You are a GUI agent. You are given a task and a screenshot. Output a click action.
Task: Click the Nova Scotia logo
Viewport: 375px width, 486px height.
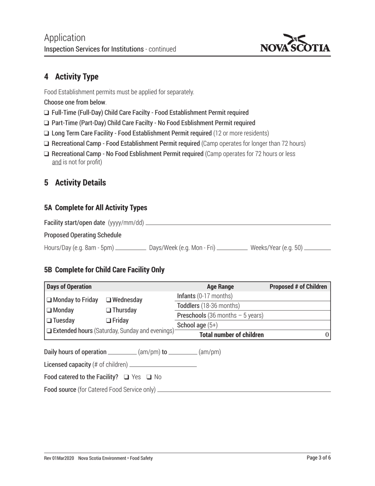[295, 44]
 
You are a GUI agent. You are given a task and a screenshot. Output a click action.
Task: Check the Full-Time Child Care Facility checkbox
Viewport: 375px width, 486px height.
[47, 113]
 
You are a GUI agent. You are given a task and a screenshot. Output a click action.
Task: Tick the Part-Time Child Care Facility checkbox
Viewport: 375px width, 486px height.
[47, 123]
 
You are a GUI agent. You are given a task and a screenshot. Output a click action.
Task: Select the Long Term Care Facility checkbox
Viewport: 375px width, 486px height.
[47, 134]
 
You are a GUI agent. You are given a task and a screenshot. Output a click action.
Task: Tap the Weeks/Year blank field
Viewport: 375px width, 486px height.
[317, 249]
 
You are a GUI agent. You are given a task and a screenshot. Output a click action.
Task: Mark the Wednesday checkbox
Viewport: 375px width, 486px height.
[109, 300]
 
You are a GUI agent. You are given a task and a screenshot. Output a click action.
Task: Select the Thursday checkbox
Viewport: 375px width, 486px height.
[109, 311]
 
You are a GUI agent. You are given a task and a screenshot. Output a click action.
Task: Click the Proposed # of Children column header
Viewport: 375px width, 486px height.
[298, 287]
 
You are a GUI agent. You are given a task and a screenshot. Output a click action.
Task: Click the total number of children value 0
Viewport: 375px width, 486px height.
[327, 335]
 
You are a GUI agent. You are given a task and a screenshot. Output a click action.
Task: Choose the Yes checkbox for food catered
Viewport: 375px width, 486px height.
[126, 377]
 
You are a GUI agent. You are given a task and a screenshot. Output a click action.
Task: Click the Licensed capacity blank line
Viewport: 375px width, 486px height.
[163, 365]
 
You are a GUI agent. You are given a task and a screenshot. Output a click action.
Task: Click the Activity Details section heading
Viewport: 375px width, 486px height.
[80, 183]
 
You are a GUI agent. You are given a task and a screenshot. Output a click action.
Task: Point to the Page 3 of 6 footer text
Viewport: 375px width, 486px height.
[319, 458]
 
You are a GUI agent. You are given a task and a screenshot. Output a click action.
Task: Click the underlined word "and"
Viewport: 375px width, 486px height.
[56, 162]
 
